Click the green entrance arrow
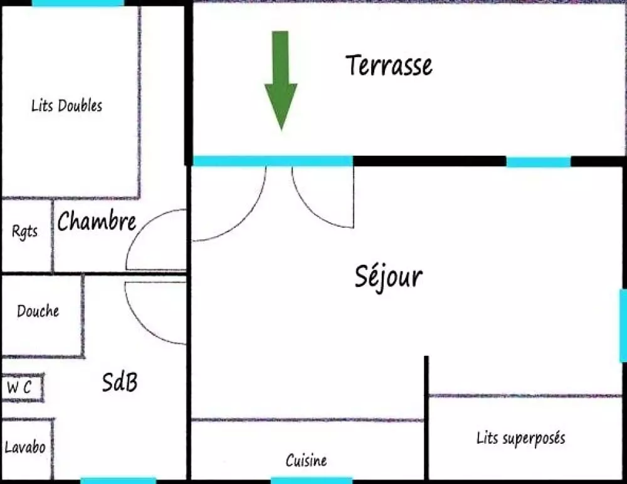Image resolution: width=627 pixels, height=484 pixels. [281, 80]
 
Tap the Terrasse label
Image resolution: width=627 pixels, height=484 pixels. [389, 65]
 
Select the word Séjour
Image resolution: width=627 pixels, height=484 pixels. [389, 277]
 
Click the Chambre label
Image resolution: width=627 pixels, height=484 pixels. [97, 220]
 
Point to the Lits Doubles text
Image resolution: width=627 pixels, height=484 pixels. [67, 105]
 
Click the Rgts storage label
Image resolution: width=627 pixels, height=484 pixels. [25, 232]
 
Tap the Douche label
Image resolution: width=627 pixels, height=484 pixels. [38, 311]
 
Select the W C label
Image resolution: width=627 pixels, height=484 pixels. [19, 387]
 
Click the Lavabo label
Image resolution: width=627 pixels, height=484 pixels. [25, 447]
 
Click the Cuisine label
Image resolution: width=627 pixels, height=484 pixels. [307, 460]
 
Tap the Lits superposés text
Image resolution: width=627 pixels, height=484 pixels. [521, 438]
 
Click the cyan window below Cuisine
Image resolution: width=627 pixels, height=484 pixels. [312, 480]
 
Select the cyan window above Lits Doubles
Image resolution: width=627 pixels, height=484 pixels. [78, 3]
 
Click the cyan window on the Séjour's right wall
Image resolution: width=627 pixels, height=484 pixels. [623, 325]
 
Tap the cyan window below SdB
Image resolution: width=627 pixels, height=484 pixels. [119, 481]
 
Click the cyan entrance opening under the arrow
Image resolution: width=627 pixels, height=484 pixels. [273, 161]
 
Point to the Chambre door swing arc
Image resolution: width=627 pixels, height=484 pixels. [156, 239]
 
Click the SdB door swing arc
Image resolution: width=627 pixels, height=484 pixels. [155, 313]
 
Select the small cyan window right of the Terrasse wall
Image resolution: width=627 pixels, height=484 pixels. [539, 162]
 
